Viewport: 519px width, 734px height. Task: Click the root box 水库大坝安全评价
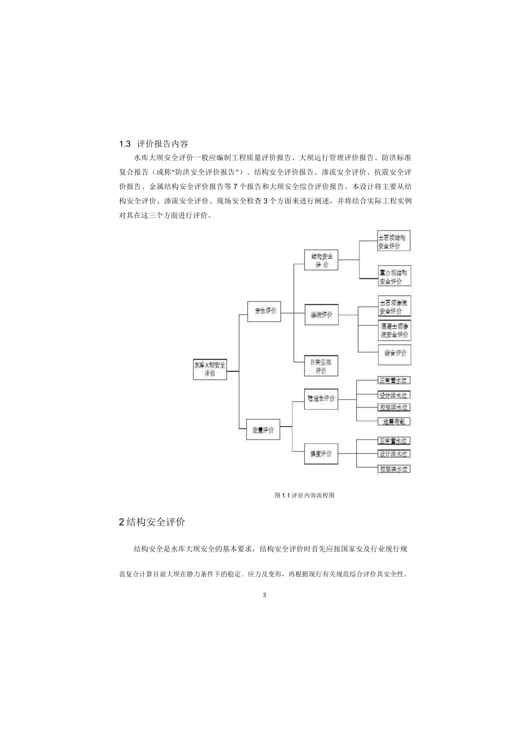210,369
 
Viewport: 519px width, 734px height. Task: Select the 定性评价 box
265,311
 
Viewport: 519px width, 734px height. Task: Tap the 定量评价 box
263,430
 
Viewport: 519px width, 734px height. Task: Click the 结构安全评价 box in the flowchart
321,260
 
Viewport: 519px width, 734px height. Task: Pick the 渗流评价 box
321,315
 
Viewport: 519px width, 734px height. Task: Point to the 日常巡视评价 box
321,366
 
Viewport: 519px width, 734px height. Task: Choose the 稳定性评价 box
321,398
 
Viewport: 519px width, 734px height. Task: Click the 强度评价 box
321,453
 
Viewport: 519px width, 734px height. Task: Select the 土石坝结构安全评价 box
393,241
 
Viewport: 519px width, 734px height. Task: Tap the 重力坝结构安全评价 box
393,276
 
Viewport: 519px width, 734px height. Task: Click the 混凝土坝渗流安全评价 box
394,330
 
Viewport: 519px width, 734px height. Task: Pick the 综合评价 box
394,353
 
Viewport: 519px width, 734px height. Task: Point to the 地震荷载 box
393,421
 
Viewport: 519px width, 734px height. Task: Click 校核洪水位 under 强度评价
393,469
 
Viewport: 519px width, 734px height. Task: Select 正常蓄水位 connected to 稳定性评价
393,381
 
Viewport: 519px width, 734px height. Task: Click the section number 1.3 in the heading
125,144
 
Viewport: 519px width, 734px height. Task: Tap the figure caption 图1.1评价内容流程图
304,495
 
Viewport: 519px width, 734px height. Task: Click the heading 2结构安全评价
152,522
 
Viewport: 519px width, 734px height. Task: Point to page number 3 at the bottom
264,595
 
